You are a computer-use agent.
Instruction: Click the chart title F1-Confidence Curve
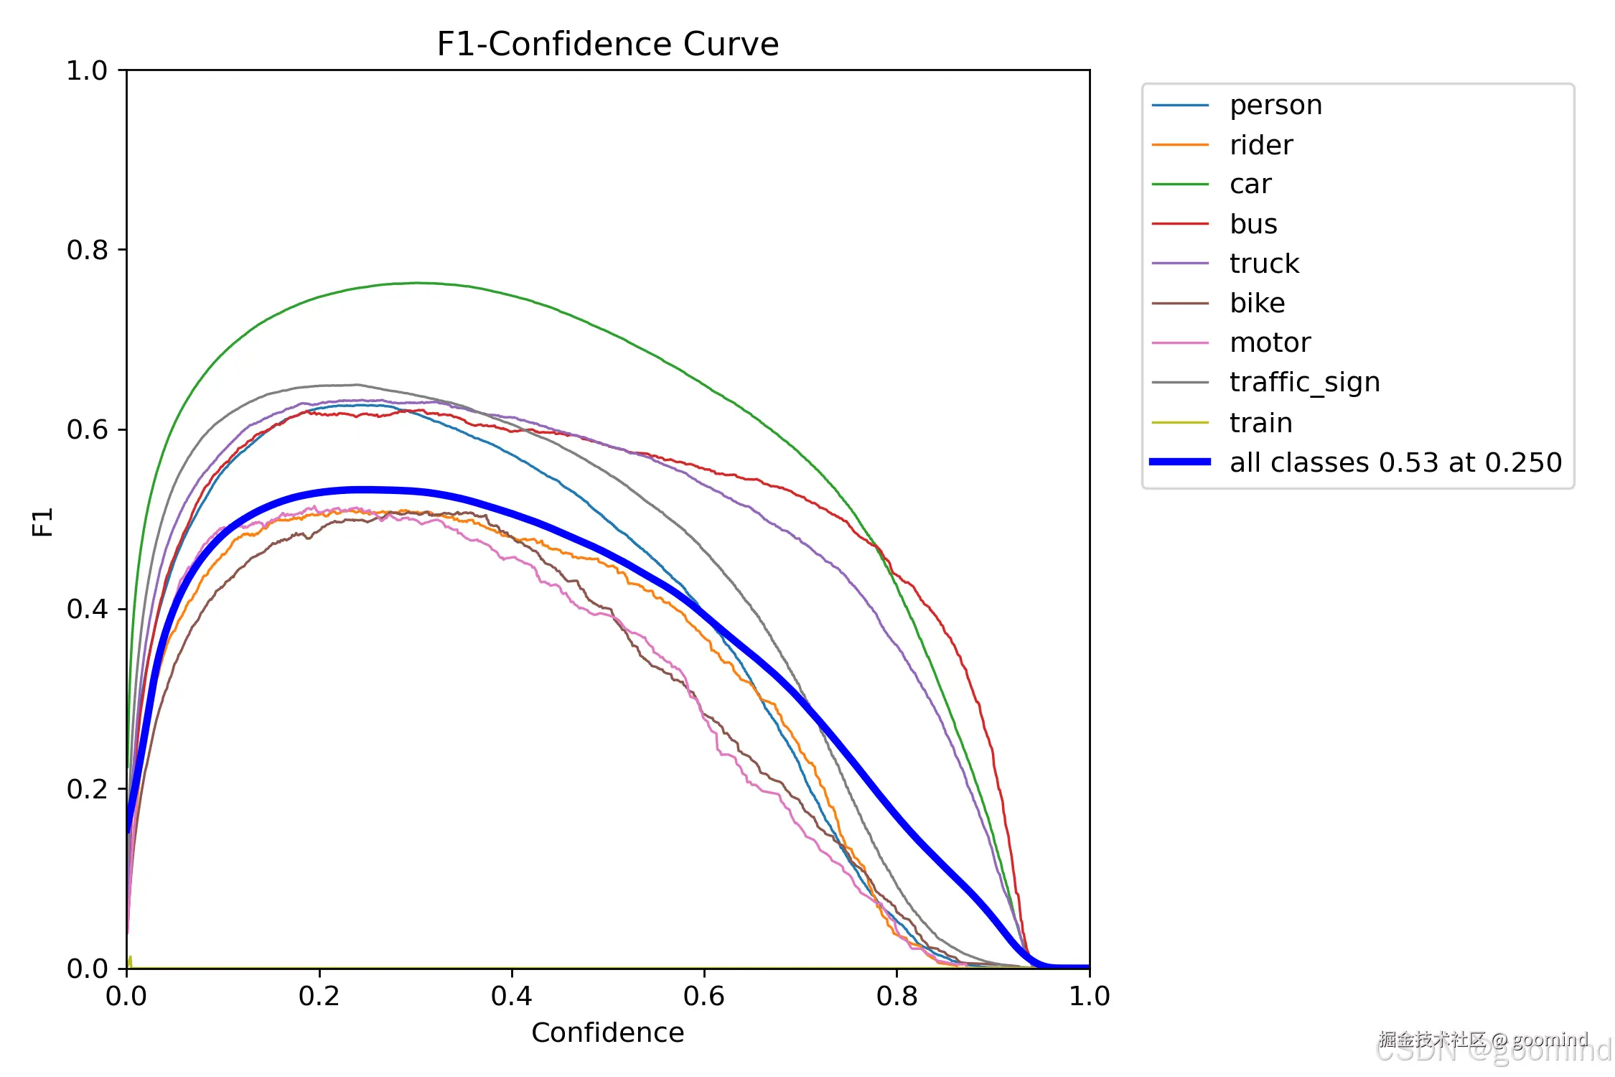pyautogui.click(x=607, y=45)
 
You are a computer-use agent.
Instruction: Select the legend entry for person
pyautogui.click(x=1275, y=106)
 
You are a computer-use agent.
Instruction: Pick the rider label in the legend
pyautogui.click(x=1260, y=145)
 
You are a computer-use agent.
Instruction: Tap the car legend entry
pyautogui.click(x=1250, y=185)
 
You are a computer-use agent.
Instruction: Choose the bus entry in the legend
pyautogui.click(x=1253, y=224)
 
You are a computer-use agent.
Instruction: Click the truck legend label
pyautogui.click(x=1263, y=264)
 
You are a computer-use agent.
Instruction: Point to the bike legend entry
pyautogui.click(x=1257, y=303)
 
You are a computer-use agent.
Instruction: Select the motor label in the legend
pyautogui.click(x=1269, y=342)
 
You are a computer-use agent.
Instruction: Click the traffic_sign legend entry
pyautogui.click(x=1304, y=383)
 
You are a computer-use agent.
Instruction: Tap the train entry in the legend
pyautogui.click(x=1260, y=423)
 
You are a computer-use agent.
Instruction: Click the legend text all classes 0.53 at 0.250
pyautogui.click(x=1395, y=462)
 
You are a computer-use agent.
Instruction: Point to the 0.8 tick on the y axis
pyautogui.click(x=87, y=250)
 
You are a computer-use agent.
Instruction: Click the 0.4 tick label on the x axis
pyautogui.click(x=511, y=996)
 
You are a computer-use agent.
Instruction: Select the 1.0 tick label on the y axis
pyautogui.click(x=87, y=70)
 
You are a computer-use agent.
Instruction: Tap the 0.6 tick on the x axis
pyautogui.click(x=703, y=996)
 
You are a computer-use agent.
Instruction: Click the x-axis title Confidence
pyautogui.click(x=607, y=1032)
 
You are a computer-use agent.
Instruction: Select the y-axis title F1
pyautogui.click(x=43, y=521)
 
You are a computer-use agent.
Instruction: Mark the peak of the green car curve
pyautogui.click(x=418, y=283)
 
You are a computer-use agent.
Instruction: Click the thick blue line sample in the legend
pyautogui.click(x=1180, y=462)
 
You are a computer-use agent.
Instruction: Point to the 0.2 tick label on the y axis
pyautogui.click(x=87, y=789)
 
